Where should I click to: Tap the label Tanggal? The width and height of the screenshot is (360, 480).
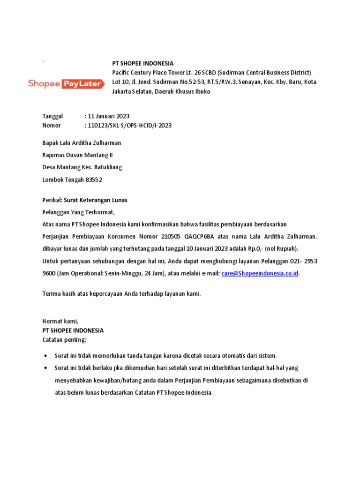[52, 116]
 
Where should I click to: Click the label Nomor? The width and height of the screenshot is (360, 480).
[52, 125]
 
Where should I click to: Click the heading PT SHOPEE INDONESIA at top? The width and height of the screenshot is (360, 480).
[142, 63]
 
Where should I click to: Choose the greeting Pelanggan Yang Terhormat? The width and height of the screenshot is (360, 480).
[78, 212]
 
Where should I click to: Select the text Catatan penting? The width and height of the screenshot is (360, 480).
[65, 339]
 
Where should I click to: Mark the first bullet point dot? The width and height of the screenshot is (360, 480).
[45, 356]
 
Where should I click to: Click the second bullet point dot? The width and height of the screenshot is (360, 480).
[45, 368]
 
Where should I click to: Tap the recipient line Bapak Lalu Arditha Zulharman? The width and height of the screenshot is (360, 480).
[82, 143]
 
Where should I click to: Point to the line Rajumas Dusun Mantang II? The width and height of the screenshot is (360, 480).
[77, 155]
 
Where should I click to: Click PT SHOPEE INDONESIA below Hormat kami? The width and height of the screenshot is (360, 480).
[73, 330]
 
